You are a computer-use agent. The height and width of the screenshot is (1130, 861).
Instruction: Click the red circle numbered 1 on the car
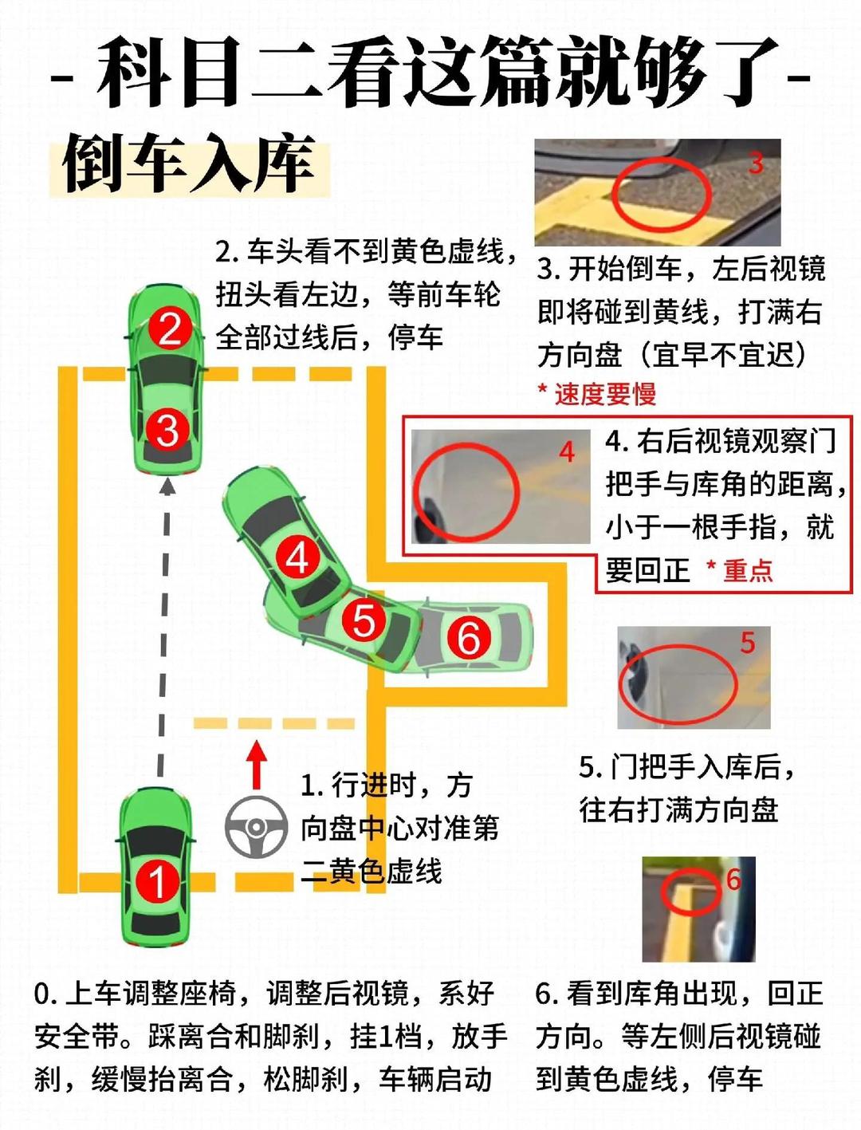tap(157, 882)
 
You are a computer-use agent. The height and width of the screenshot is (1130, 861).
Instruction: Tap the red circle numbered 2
tap(170, 329)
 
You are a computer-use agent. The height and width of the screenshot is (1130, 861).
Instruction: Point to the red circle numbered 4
tap(297, 557)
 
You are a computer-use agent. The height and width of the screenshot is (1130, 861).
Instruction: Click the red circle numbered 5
tap(364, 620)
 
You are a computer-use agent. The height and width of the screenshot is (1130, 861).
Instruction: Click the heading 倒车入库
tap(188, 166)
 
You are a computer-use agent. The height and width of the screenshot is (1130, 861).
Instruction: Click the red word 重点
tap(748, 570)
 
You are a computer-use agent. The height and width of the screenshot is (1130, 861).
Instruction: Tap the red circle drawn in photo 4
tap(466, 491)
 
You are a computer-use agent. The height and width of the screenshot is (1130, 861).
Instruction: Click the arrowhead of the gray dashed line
tap(167, 486)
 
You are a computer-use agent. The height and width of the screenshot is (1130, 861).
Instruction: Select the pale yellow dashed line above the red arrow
tap(273, 723)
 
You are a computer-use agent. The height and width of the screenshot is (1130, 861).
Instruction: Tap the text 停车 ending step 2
tap(415, 337)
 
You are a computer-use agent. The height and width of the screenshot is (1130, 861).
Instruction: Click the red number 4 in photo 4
tap(567, 452)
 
